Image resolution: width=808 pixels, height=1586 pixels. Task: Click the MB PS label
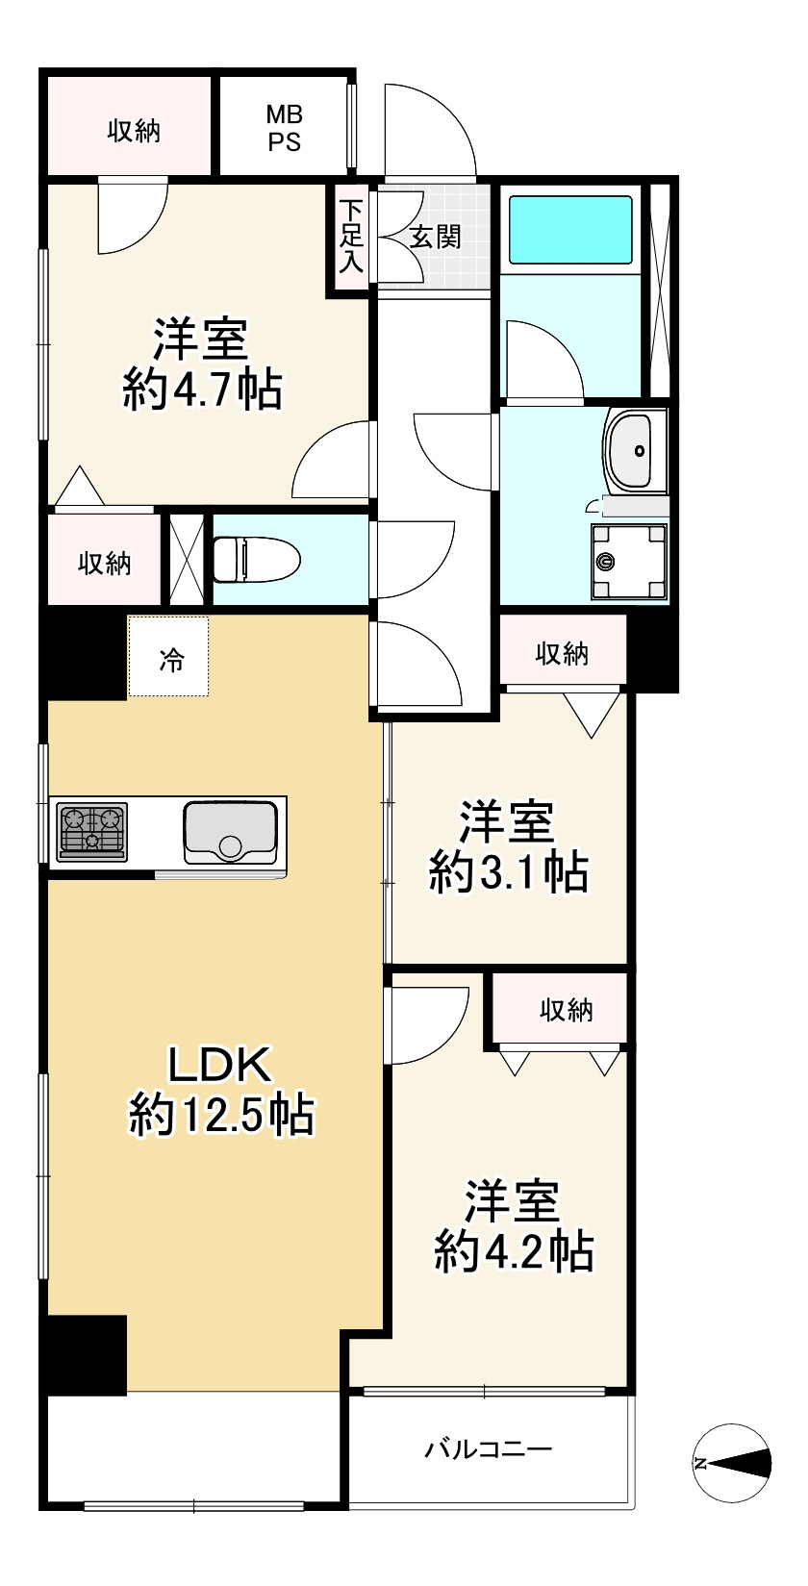284,128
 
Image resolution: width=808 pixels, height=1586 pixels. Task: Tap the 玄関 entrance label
436,238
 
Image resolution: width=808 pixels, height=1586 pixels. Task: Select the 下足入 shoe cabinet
351,237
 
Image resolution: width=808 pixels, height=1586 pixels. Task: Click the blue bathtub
570,230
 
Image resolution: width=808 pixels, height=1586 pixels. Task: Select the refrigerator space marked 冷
168,656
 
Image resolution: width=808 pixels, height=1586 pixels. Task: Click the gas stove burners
92,832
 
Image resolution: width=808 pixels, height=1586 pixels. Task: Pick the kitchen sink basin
230,832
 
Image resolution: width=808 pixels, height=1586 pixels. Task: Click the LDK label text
219,1064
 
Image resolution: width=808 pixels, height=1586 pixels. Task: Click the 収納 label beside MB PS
134,131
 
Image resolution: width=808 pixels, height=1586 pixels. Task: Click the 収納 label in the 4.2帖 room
567,1010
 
